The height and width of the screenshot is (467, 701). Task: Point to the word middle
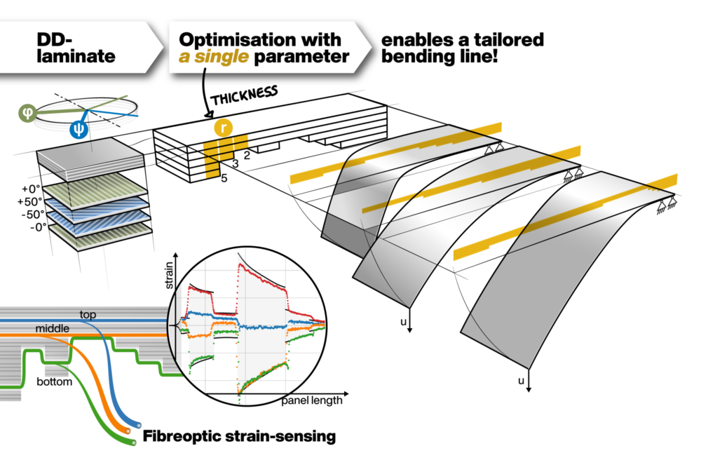click(52, 328)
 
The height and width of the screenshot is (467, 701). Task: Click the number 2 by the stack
click(247, 153)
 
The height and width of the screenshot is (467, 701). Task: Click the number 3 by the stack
click(236, 164)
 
